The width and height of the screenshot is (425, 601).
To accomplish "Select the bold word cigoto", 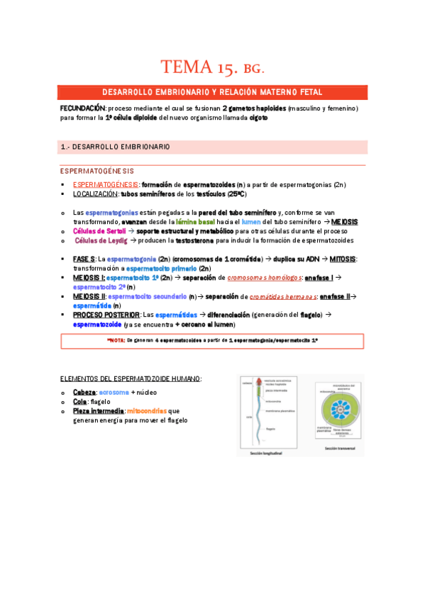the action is (259, 118).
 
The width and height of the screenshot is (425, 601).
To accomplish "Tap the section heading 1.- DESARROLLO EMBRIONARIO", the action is (115, 147).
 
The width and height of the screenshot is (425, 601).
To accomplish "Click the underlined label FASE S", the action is (84, 259).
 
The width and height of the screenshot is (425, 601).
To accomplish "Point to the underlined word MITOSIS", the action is (343, 259).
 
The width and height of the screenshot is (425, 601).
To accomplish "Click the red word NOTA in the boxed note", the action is (114, 341).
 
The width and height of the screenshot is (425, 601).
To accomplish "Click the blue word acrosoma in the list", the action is (114, 392).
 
